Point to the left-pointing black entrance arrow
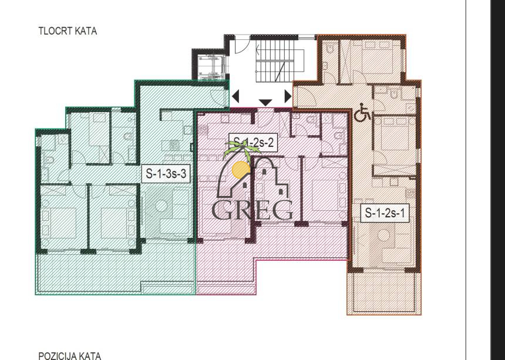click(x=235, y=96)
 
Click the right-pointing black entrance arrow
click(x=288, y=96)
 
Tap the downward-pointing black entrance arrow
click(x=265, y=103)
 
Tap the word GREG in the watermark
click(x=252, y=210)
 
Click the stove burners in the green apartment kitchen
click(x=174, y=144)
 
